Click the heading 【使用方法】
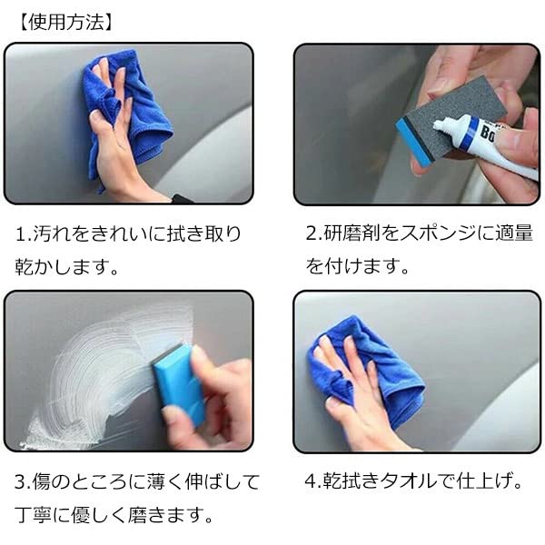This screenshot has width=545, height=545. tap(65, 20)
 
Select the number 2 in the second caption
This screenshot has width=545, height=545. tap(311, 234)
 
